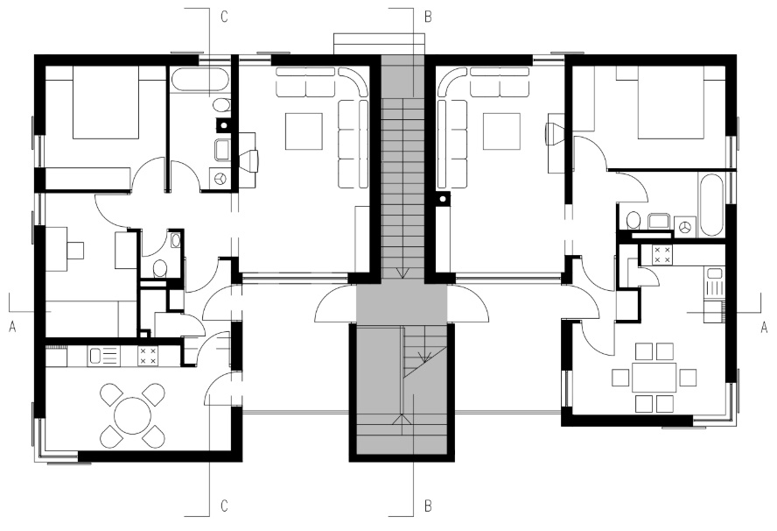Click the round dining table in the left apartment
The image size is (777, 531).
pyautogui.click(x=133, y=416)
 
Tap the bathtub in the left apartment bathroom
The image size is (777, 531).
pyautogui.click(x=200, y=80)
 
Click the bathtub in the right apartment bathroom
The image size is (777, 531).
pyautogui.click(x=710, y=204)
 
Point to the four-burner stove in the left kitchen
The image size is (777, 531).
pyautogui.click(x=148, y=356)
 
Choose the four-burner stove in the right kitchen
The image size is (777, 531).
pyautogui.click(x=661, y=255)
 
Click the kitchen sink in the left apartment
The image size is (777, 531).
pyautogui.click(x=103, y=356)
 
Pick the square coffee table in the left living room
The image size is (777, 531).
pyautogui.click(x=304, y=131)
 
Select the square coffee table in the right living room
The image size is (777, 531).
pyautogui.click(x=501, y=131)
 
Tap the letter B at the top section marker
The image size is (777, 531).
pyautogui.click(x=428, y=17)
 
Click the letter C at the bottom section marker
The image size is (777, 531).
pyautogui.click(x=224, y=506)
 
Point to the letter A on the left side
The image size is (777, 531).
pyautogui.click(x=12, y=327)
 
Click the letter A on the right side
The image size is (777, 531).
pyautogui.click(x=764, y=327)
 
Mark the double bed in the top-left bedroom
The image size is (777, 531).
pyautogui.click(x=105, y=103)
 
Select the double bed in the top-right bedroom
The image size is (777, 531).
pyautogui.click(x=671, y=103)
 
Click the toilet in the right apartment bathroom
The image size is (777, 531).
pyautogui.click(x=633, y=220)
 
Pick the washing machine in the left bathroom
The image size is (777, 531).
pyautogui.click(x=220, y=178)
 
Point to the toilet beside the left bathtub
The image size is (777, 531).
pyautogui.click(x=221, y=105)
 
